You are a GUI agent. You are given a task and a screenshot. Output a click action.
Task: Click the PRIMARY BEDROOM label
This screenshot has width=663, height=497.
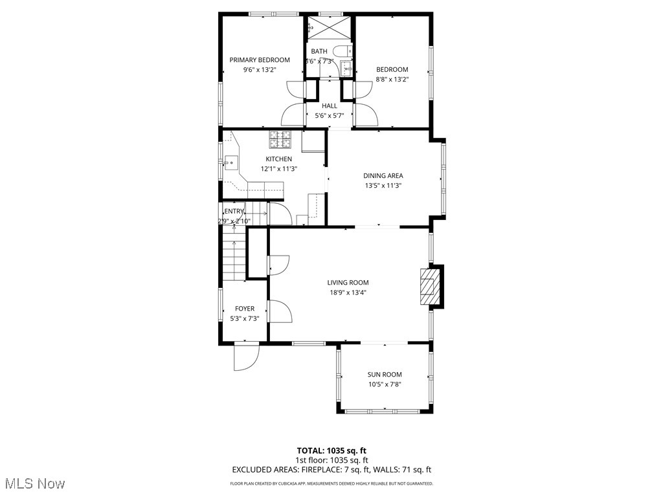click(260, 60)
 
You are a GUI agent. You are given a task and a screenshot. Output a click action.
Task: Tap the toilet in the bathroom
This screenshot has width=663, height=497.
click(341, 51)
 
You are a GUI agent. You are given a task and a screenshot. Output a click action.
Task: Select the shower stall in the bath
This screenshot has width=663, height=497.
click(319, 28)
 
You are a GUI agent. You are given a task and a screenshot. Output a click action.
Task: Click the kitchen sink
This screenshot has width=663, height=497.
click(232, 162)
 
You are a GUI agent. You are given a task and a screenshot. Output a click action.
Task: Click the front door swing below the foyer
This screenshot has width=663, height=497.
click(245, 356)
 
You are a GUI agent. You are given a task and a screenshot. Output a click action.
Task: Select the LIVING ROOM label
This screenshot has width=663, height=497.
click(348, 282)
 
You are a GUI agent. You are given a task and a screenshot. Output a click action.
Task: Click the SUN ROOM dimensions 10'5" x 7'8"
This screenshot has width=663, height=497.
click(385, 384)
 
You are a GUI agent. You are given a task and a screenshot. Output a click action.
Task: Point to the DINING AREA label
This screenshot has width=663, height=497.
click(383, 175)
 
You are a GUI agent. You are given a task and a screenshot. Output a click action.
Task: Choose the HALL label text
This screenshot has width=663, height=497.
click(330, 105)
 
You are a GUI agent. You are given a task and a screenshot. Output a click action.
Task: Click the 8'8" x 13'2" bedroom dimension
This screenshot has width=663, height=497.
click(392, 80)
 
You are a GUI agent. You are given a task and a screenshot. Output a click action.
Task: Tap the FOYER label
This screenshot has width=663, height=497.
click(245, 309)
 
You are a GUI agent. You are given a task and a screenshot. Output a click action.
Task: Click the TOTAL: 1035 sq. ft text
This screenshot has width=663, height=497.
click(331, 450)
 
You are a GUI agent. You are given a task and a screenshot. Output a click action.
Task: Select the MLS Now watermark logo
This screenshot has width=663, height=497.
click(34, 483)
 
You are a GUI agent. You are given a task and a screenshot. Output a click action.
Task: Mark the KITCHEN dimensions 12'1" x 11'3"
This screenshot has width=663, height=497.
click(278, 168)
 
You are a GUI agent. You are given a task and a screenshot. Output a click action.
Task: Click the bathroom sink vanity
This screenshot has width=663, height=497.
click(346, 68)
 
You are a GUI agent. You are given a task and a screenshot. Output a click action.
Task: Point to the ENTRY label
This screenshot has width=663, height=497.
click(234, 211)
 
